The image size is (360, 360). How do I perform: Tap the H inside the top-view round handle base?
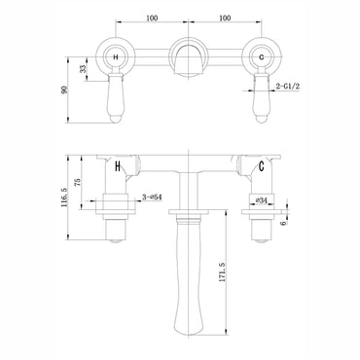119,58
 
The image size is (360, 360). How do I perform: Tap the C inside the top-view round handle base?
264,58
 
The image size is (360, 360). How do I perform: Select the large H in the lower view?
119,167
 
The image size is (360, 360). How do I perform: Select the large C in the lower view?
263,167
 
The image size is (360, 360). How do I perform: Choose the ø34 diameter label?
260,200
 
